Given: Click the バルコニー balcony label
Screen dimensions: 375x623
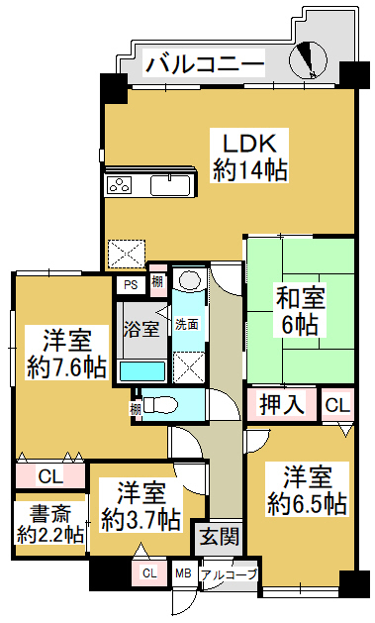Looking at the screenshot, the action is click(x=205, y=63).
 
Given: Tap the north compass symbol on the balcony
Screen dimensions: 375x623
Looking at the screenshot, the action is click(x=308, y=60).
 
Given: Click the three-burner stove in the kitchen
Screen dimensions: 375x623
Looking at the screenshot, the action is click(x=120, y=185).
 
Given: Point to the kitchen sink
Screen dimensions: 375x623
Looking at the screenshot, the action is click(x=170, y=185).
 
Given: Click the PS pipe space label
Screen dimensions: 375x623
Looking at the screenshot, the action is click(x=131, y=285).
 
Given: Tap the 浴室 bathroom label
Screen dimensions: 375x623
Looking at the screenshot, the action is click(x=141, y=329).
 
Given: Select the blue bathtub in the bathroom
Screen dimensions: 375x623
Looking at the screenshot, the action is click(x=142, y=371).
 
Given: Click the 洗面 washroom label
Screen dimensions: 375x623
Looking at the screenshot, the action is click(x=187, y=324).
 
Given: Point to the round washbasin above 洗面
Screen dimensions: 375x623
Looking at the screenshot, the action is click(x=190, y=280).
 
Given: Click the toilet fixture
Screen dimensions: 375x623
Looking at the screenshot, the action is click(x=160, y=406).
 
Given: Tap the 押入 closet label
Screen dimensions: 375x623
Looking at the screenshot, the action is click(x=281, y=405).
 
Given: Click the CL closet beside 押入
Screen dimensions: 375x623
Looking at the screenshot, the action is click(x=337, y=405).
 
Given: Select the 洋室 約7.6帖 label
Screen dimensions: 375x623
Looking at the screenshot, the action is click(x=66, y=353).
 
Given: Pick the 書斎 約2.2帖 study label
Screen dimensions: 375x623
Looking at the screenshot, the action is click(x=50, y=523).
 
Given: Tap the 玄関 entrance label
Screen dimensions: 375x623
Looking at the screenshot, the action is click(x=220, y=538).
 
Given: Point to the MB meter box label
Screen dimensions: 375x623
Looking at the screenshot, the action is click(x=183, y=573).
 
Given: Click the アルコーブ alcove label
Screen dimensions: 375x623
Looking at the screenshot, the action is click(x=229, y=574).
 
